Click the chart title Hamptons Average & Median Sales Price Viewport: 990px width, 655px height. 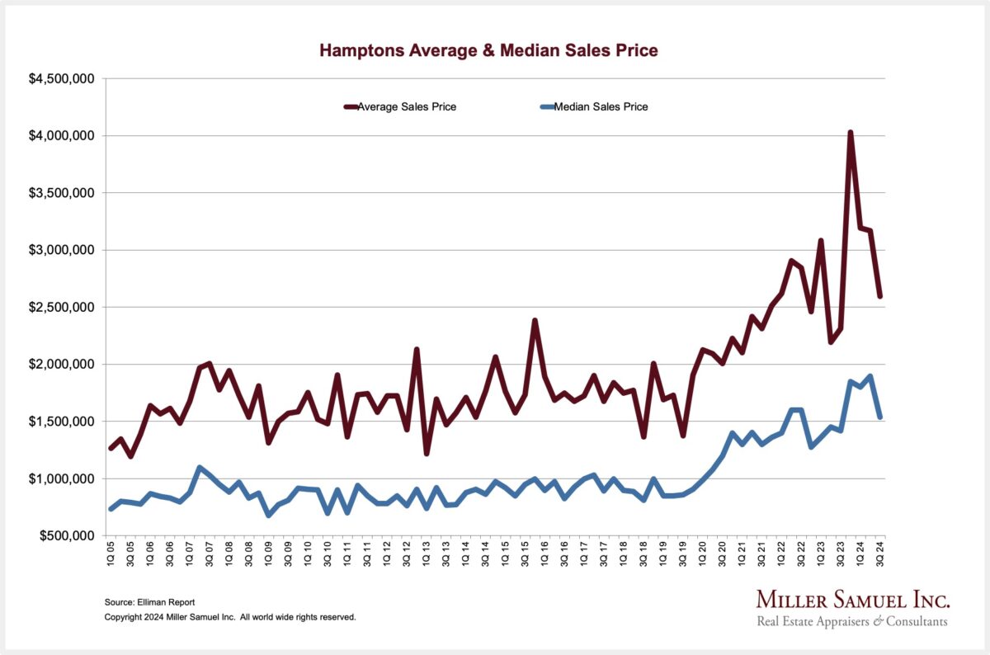(x=488, y=51)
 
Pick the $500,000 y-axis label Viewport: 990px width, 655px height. (x=63, y=536)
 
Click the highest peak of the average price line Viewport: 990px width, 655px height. (x=850, y=132)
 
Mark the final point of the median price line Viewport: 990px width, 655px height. (x=879, y=417)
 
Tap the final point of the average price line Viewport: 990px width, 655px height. (x=879, y=295)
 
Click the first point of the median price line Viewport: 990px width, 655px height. (x=111, y=508)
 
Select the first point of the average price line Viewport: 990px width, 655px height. (x=111, y=448)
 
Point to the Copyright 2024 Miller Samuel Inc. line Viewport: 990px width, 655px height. (x=230, y=617)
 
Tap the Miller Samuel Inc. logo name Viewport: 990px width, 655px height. (x=852, y=600)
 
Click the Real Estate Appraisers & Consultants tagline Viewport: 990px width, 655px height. (x=852, y=621)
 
